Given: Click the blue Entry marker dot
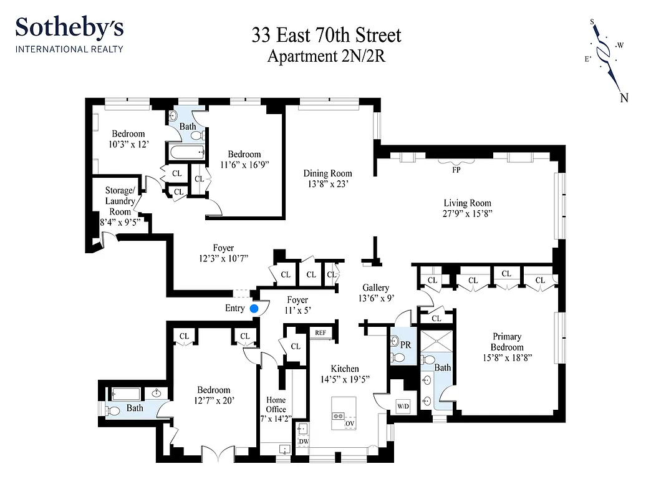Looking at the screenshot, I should (x=254, y=308).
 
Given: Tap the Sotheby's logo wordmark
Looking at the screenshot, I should (x=69, y=28).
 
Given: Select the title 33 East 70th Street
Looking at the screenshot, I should (x=326, y=35).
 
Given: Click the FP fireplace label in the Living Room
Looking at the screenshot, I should (x=456, y=168).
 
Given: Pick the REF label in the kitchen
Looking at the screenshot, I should (x=321, y=333).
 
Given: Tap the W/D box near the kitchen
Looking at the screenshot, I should (x=403, y=407).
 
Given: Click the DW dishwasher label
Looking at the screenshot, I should (x=303, y=441).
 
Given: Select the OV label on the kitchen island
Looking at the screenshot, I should (x=350, y=424).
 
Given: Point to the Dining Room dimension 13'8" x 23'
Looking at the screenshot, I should (x=328, y=184).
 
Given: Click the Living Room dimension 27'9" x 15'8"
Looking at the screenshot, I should (x=467, y=213).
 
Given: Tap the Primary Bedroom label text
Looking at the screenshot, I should (x=506, y=342).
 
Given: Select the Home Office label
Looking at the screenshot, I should (x=276, y=404).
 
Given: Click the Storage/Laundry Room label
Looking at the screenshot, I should (x=118, y=201).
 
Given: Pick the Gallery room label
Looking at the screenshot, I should (x=376, y=288).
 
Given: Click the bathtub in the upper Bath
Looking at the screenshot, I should (x=186, y=152).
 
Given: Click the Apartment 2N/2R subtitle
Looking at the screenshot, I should (x=326, y=56).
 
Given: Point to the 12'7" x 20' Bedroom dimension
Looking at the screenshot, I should (x=213, y=400).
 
